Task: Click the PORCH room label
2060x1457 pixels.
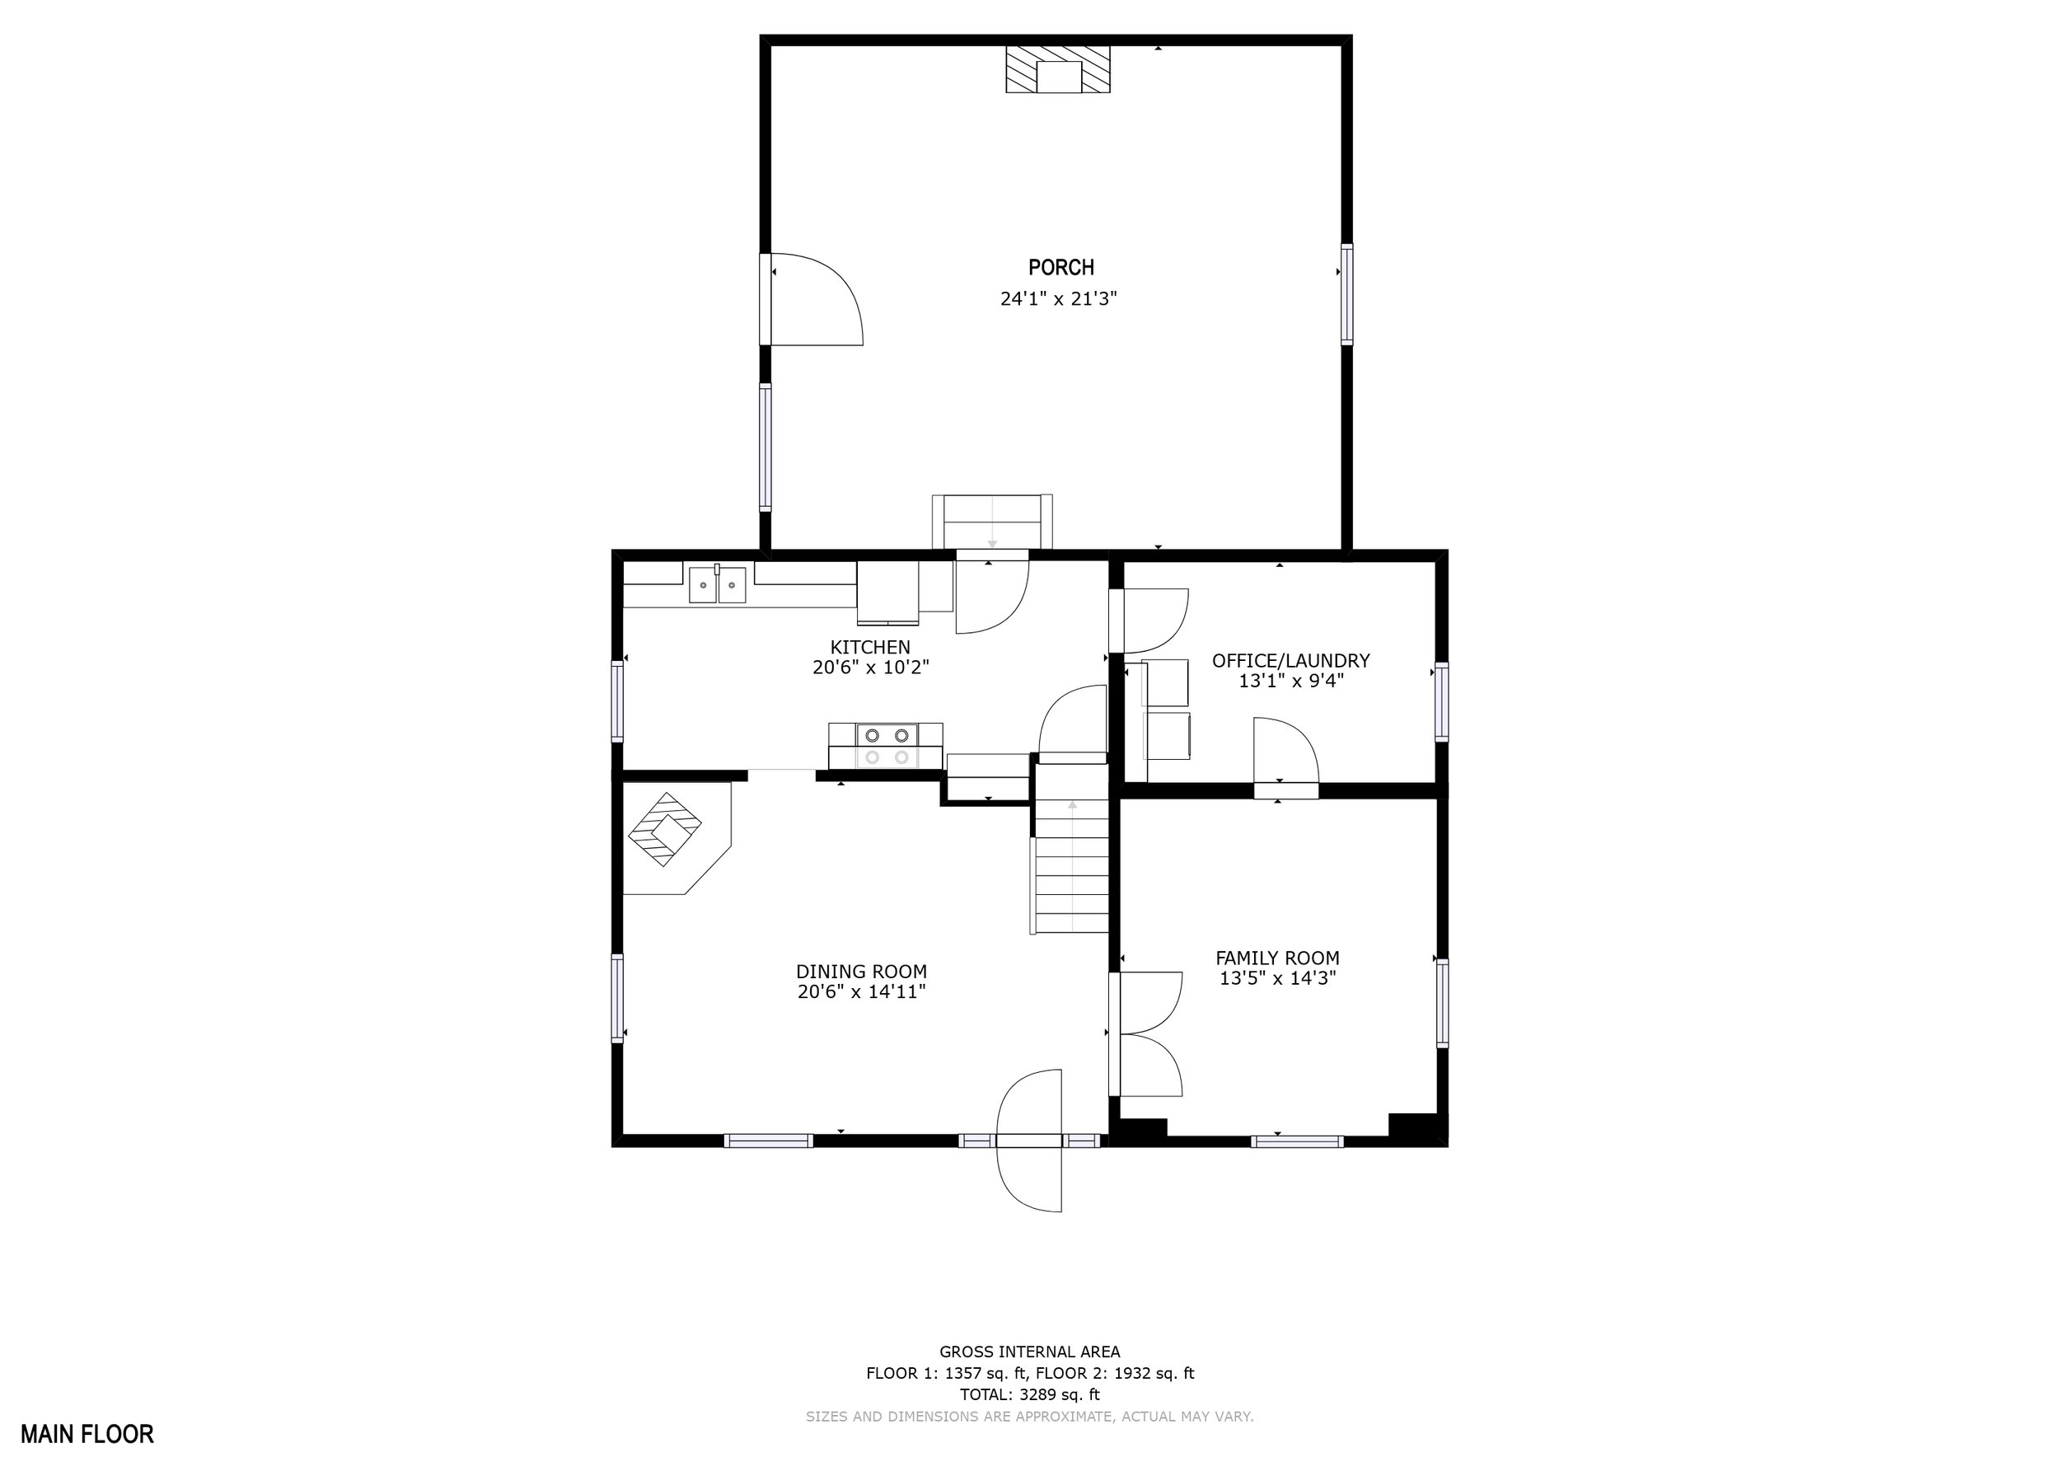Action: click(x=1060, y=267)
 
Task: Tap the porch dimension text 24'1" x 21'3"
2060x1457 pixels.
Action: click(x=1059, y=299)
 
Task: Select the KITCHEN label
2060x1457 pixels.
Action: click(x=869, y=647)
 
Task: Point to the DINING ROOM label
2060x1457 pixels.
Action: click(x=861, y=972)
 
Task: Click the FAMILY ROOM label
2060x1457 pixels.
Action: click(x=1278, y=958)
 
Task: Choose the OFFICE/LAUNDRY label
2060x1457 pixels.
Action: click(x=1291, y=660)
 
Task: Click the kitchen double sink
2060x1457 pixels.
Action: click(x=717, y=584)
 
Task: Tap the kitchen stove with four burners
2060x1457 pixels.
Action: click(x=887, y=747)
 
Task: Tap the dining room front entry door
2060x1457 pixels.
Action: click(x=1029, y=1141)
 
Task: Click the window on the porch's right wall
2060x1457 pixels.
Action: click(x=1346, y=294)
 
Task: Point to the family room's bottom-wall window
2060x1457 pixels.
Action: click(x=1297, y=1141)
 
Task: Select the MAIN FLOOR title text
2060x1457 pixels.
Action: click(x=87, y=1434)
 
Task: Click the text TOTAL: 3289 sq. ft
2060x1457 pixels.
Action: click(x=1029, y=1394)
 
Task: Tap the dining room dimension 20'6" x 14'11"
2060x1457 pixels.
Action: click(x=861, y=992)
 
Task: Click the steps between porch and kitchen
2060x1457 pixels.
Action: click(x=992, y=522)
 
